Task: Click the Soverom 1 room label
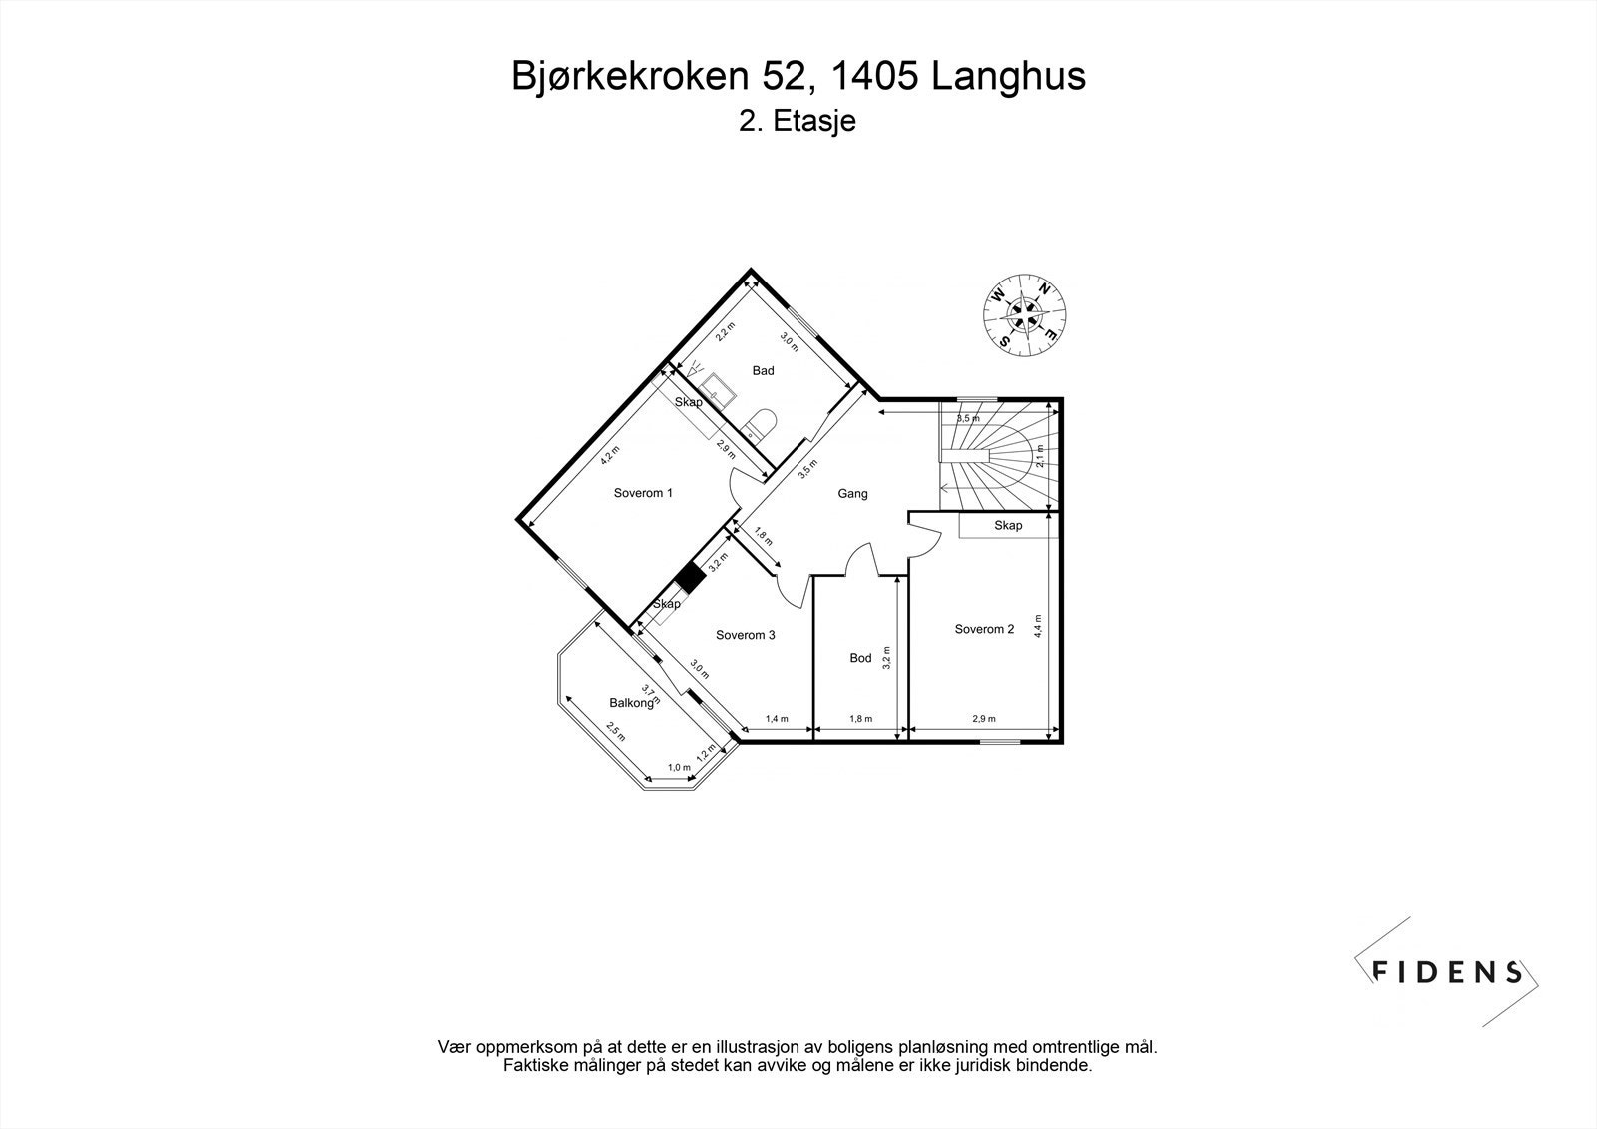(x=643, y=493)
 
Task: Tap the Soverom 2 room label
(x=984, y=629)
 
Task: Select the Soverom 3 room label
(x=745, y=635)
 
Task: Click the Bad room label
(x=763, y=371)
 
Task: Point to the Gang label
(x=852, y=493)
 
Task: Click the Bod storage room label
(x=860, y=658)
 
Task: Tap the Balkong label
(x=631, y=702)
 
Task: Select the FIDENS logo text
(x=1447, y=972)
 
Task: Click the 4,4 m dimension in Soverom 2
(x=1038, y=625)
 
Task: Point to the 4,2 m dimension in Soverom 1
(x=608, y=456)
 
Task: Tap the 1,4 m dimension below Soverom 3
(x=777, y=719)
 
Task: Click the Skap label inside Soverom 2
(x=1008, y=526)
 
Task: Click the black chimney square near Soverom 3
(x=689, y=578)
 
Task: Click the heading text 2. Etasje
(x=798, y=122)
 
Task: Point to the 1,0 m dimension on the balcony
(x=679, y=767)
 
